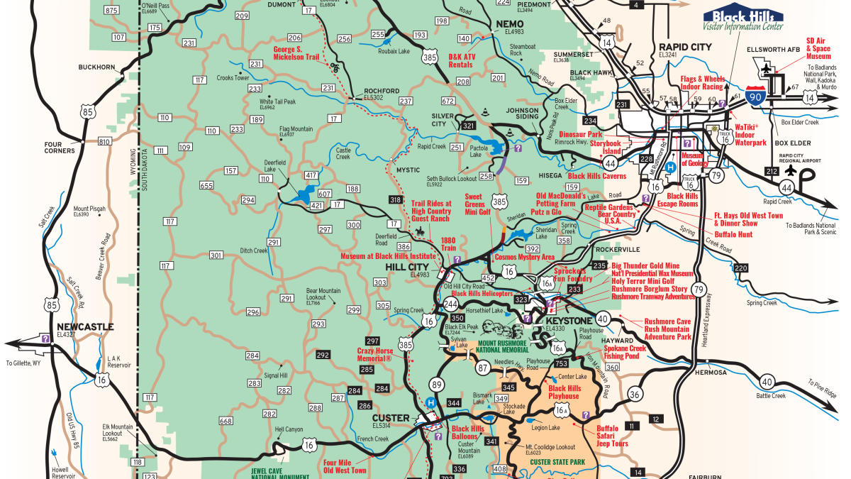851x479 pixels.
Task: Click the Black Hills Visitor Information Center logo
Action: (x=743, y=19)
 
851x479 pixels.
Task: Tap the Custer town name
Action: (x=391, y=417)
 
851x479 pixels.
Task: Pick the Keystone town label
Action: (x=566, y=320)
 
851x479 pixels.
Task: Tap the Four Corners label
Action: (x=58, y=145)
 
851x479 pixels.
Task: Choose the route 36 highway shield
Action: (x=635, y=395)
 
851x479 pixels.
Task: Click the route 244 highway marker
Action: (x=450, y=304)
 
